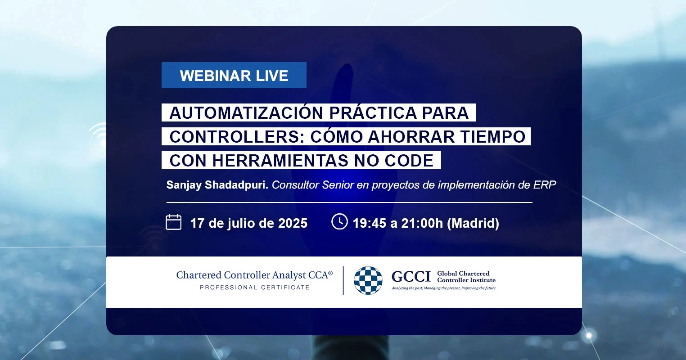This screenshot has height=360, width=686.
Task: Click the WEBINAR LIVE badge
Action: coord(234,75)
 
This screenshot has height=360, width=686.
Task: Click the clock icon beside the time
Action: coord(339,221)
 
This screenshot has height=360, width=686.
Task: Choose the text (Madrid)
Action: coord(473,223)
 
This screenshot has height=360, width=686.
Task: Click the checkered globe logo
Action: coord(368,280)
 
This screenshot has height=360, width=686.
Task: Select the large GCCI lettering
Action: coord(411,277)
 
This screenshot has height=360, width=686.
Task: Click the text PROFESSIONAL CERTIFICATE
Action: coord(254,288)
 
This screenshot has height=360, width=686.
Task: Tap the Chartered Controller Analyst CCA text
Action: coord(254,275)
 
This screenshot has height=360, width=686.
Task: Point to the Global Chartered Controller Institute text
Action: coord(466,277)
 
